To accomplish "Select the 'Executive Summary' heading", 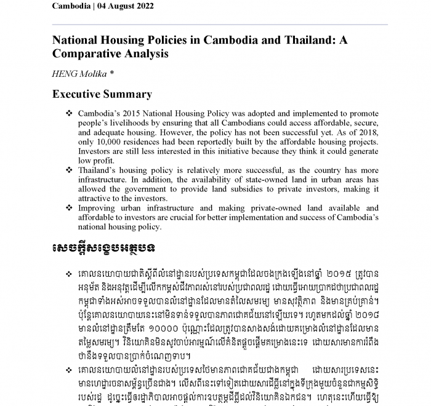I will (102, 95).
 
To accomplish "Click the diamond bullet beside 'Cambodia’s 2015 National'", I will (68, 114).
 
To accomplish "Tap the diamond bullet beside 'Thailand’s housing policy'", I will (68, 170).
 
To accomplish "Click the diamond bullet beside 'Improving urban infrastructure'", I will (68, 209).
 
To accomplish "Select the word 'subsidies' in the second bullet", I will (242, 188).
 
